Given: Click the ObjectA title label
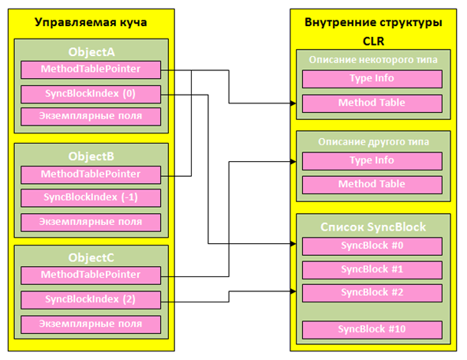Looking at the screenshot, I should pyautogui.click(x=92, y=51).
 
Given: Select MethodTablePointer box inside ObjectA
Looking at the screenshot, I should pyautogui.click(x=92, y=70).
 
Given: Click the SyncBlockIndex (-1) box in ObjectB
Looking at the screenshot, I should pyautogui.click(x=92, y=197).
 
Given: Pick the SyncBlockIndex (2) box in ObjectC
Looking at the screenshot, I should pyautogui.click(x=92, y=300).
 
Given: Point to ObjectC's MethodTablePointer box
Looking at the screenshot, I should pyautogui.click(x=92, y=276).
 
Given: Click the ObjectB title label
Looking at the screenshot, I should pyautogui.click(x=92, y=156).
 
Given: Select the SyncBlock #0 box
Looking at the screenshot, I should pyautogui.click(x=372, y=245).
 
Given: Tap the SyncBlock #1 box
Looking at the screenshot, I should pyautogui.click(x=372, y=269).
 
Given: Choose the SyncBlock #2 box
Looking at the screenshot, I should pyautogui.click(x=372, y=293).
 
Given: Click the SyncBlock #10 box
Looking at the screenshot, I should pyautogui.click(x=372, y=328).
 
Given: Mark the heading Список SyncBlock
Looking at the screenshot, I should pyautogui.click(x=372, y=227).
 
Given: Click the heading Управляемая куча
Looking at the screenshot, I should pyautogui.click(x=92, y=22).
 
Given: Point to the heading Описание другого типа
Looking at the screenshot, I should pyautogui.click(x=372, y=142).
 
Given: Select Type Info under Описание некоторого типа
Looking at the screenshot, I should pyautogui.click(x=372, y=79).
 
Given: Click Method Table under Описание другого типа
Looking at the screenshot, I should pyautogui.click(x=372, y=184).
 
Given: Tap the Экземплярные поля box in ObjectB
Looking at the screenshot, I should pyautogui.click(x=92, y=221).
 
